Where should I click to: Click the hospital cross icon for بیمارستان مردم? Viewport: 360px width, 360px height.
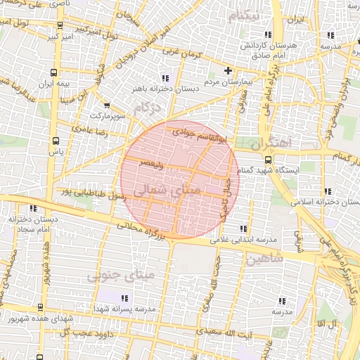[x=227, y=71]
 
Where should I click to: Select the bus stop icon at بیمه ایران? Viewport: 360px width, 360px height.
[x=55, y=71]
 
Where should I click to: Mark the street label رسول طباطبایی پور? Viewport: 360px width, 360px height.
[x=94, y=194]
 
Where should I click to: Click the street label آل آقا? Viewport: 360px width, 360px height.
[x=328, y=323]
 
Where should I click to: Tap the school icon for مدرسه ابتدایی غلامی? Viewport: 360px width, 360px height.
[x=243, y=229]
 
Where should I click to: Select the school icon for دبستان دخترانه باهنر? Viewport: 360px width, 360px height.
[x=165, y=78]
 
